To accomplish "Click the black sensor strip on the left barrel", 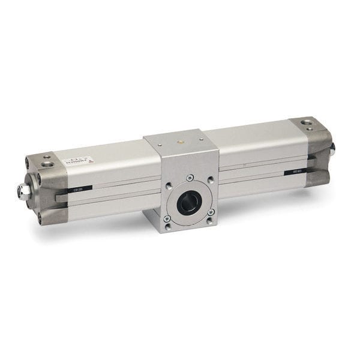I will [79, 190].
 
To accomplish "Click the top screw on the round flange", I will [190, 178].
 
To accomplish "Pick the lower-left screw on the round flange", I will [167, 219].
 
